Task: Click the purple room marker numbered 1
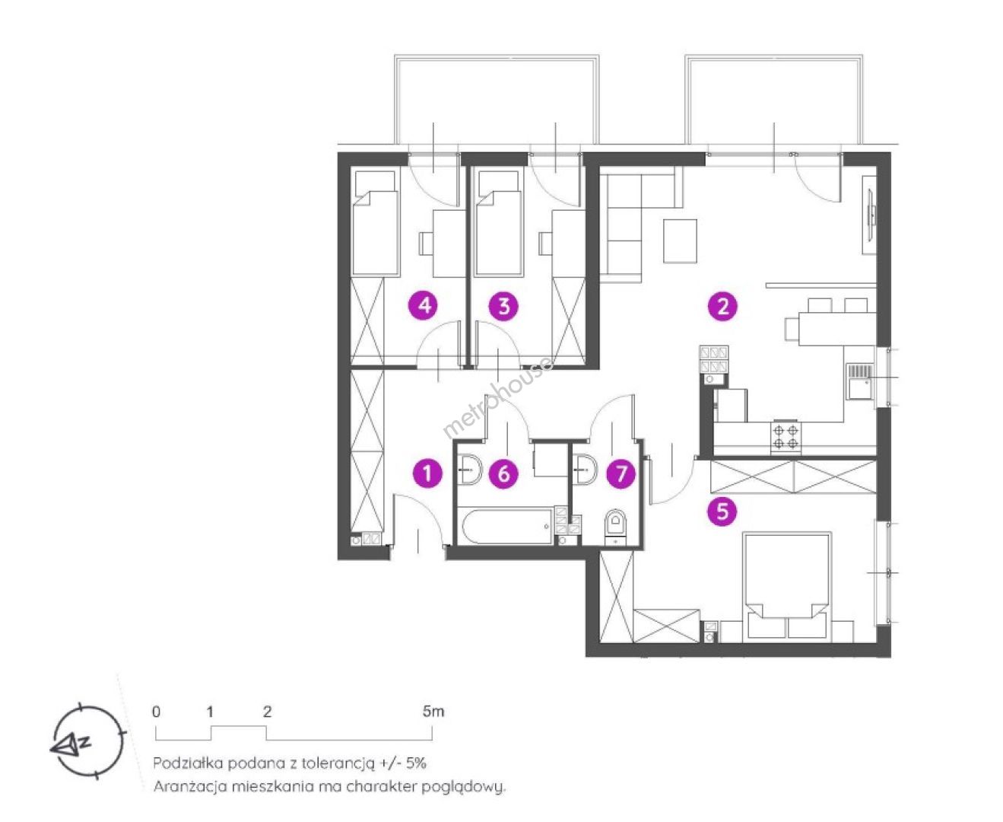(427, 473)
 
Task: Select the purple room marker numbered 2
(722, 306)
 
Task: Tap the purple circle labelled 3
(503, 306)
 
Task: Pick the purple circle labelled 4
(424, 304)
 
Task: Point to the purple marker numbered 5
(722, 511)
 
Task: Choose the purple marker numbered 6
(503, 473)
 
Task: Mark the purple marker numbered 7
(621, 473)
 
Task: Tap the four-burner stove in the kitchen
(786, 436)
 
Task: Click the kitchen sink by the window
(860, 381)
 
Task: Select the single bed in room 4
(375, 223)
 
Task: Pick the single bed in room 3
(498, 223)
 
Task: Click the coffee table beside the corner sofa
(680, 241)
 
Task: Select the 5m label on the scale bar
(433, 712)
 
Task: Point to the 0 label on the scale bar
(156, 712)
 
